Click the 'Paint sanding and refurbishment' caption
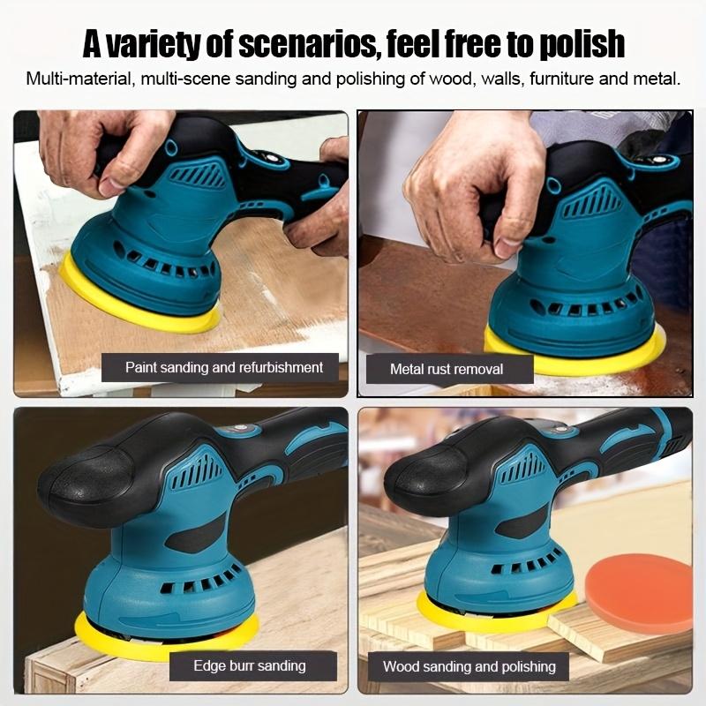(224, 367)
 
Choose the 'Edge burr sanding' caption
(250, 665)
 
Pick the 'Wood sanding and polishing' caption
(469, 665)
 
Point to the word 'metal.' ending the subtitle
(658, 79)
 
